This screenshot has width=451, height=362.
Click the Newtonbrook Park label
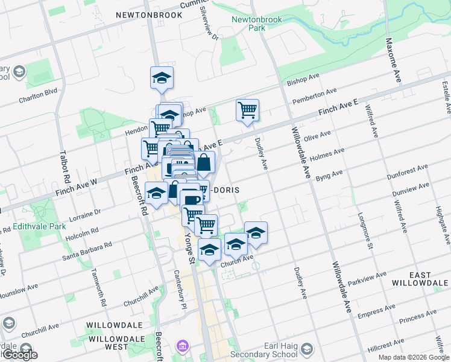tap(248, 24)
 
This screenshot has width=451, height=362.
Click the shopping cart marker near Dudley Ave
tap(247, 111)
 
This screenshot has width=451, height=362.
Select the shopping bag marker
tap(204, 162)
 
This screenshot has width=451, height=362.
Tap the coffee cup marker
tap(192, 200)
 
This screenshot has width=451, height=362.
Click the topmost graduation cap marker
tap(162, 78)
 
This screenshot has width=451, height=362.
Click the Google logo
tap(19, 355)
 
